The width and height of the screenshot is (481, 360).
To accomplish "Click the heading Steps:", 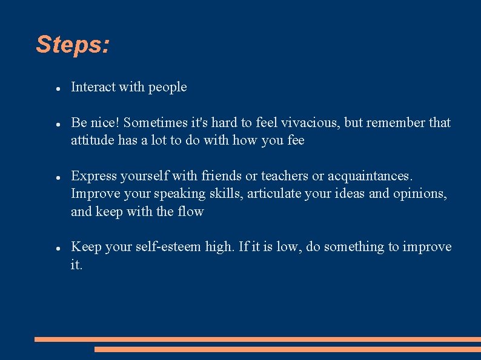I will pyautogui.click(x=73, y=45).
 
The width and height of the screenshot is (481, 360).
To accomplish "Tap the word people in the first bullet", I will pyautogui.click(x=168, y=87).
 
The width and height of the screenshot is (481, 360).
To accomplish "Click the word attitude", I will pyautogui.click(x=92, y=140).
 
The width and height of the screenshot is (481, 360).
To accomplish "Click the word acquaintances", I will pyautogui.click(x=370, y=176).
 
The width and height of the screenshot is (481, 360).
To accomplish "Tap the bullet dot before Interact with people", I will pyautogui.click(x=56, y=88).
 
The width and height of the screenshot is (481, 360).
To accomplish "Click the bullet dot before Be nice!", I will pyautogui.click(x=56, y=124).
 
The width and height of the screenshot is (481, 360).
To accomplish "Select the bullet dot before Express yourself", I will pyautogui.click(x=56, y=177).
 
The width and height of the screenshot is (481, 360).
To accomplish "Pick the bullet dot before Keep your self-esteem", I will pyautogui.click(x=56, y=248).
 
